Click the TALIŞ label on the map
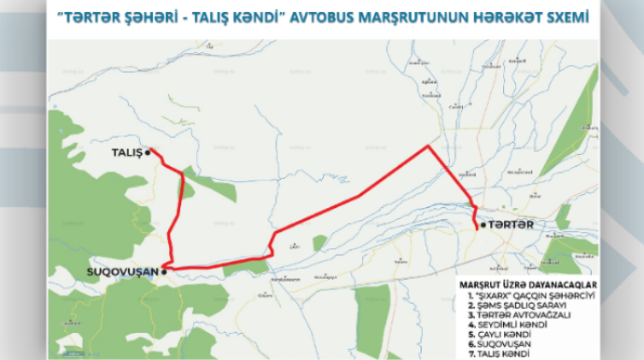click(x=125, y=152)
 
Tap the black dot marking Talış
click(x=148, y=152)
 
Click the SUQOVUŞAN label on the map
click(x=119, y=271)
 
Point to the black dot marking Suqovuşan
click(x=164, y=271)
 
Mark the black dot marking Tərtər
click(x=481, y=225)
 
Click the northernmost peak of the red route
click(x=428, y=146)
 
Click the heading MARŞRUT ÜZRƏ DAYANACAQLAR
click(x=526, y=284)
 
